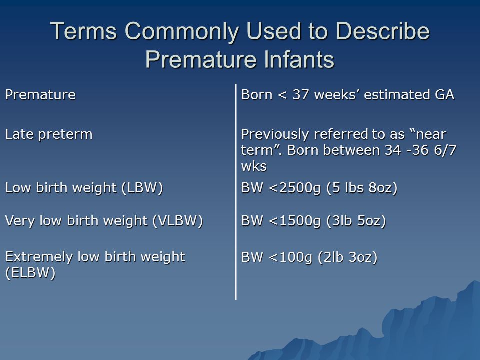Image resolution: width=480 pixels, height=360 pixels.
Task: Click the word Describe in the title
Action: [382, 31]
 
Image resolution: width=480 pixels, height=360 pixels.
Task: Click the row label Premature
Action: [40, 94]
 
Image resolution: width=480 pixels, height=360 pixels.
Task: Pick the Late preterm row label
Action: [49, 135]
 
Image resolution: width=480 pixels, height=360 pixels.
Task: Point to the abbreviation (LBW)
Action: [142, 188]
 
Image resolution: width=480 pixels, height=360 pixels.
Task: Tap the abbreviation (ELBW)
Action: [30, 273]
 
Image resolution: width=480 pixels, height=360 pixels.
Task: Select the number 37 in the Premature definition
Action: [300, 95]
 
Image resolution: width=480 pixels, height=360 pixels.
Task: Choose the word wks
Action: [254, 166]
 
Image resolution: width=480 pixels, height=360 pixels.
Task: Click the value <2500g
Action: [295, 188]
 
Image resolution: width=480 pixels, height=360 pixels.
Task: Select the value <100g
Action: [290, 257]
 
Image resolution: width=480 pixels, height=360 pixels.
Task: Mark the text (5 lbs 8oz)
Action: [362, 188]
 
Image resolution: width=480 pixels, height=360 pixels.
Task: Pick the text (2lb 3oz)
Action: [348, 257]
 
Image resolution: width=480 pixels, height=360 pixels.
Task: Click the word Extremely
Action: [39, 257]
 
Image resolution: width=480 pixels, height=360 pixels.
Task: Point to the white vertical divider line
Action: [235, 192]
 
